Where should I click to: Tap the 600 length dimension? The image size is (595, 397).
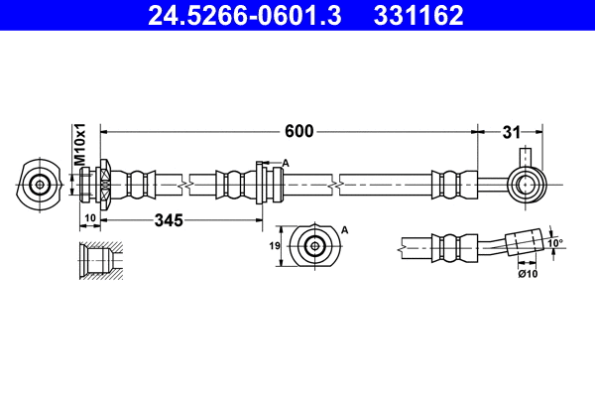click(x=299, y=130)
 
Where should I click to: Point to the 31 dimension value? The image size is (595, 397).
click(x=512, y=130)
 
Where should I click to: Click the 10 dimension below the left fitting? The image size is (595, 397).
click(x=88, y=218)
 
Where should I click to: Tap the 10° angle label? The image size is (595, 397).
click(x=555, y=241)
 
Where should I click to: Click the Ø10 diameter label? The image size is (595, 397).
click(x=527, y=274)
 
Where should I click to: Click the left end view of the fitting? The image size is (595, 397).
click(x=40, y=185)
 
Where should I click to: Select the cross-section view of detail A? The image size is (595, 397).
click(x=315, y=246)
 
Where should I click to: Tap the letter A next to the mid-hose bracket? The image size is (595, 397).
click(x=286, y=163)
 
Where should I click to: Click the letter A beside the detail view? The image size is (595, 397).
click(x=345, y=229)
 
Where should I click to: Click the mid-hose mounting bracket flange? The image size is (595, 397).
click(x=261, y=184)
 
